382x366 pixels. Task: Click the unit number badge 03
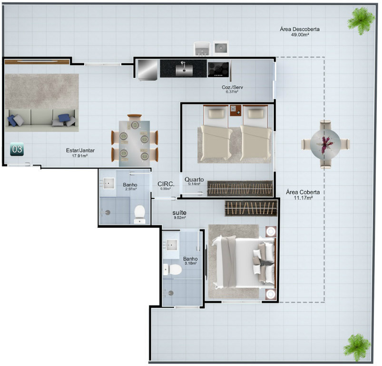[17, 149]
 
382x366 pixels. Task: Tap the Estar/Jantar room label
[80, 150]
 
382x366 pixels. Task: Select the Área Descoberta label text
[300, 29]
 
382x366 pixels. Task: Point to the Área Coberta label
[303, 192]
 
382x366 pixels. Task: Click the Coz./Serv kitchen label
[232, 87]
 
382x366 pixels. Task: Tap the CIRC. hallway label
[166, 184]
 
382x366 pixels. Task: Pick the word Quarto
[194, 180]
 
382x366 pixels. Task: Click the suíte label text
[179, 213]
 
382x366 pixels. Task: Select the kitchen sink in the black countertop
[184, 69]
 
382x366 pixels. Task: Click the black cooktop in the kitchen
[218, 70]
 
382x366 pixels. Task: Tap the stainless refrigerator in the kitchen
[147, 70]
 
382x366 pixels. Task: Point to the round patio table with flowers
[325, 144]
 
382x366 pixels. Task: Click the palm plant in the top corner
[361, 21]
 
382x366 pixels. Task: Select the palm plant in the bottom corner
[357, 347]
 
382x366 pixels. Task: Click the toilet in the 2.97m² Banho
[139, 214]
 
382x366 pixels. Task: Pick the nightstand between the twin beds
[235, 111]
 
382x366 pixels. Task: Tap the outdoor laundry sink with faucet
[202, 49]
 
